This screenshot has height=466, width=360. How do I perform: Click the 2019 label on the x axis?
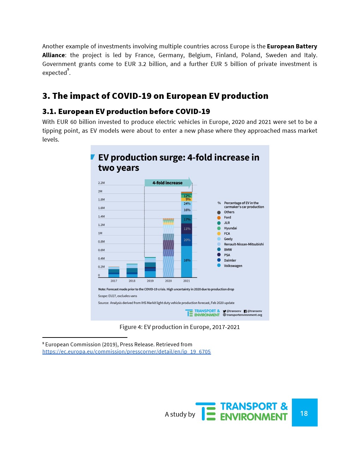[150, 281]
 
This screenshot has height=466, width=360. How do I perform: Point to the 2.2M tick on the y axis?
[101, 183]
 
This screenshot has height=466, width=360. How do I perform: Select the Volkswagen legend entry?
[233, 266]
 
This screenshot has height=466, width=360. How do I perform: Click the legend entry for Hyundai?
[230, 228]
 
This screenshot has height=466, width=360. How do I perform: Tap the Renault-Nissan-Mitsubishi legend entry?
[244, 244]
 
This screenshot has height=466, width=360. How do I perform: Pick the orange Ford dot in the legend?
[219, 218]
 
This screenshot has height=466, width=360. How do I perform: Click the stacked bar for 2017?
[114, 272]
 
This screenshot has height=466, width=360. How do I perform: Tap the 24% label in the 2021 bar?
[187, 204]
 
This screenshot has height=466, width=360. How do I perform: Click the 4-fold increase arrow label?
[167, 183]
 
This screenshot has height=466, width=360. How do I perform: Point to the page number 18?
[304, 413]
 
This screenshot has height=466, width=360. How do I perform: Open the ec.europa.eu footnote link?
[126, 352]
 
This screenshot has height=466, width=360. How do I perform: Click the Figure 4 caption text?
[179, 327]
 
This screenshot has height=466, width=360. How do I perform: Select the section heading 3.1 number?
[49, 112]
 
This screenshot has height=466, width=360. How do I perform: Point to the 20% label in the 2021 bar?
[187, 240]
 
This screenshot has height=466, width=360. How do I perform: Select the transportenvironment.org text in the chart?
[244, 315]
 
